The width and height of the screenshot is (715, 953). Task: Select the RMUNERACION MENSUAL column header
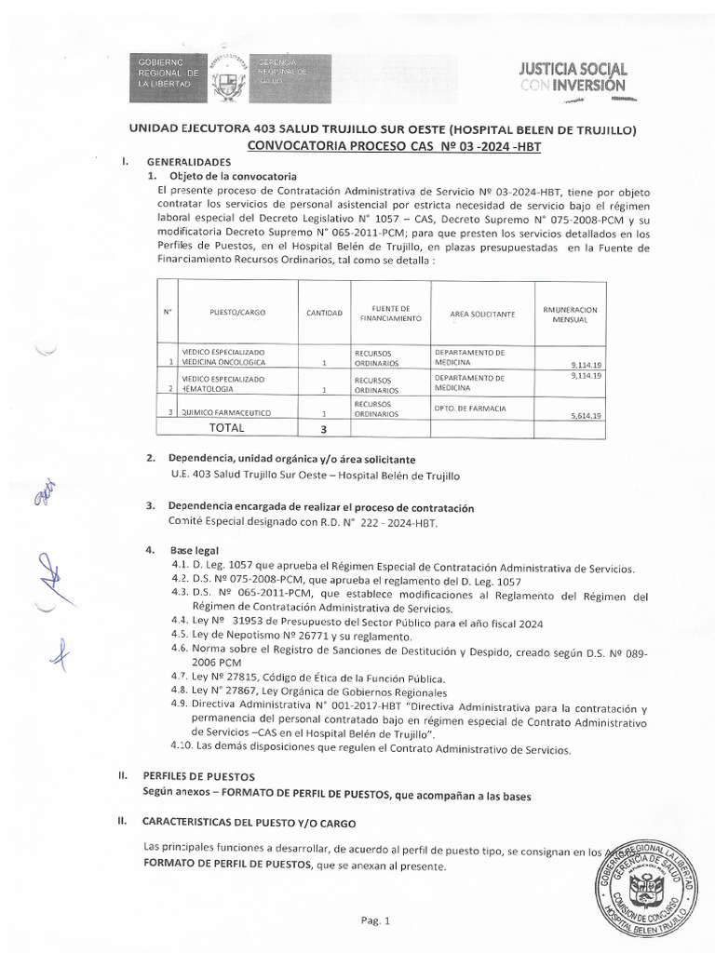569,314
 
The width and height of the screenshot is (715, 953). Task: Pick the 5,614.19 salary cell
586,415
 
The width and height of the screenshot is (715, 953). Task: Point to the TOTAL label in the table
226,428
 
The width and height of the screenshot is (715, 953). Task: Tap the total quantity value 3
323,429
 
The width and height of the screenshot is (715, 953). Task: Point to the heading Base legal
193,552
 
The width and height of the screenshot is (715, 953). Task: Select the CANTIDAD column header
324,314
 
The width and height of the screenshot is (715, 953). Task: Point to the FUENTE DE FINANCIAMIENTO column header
384,314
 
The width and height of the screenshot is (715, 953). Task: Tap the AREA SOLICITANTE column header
481,315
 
